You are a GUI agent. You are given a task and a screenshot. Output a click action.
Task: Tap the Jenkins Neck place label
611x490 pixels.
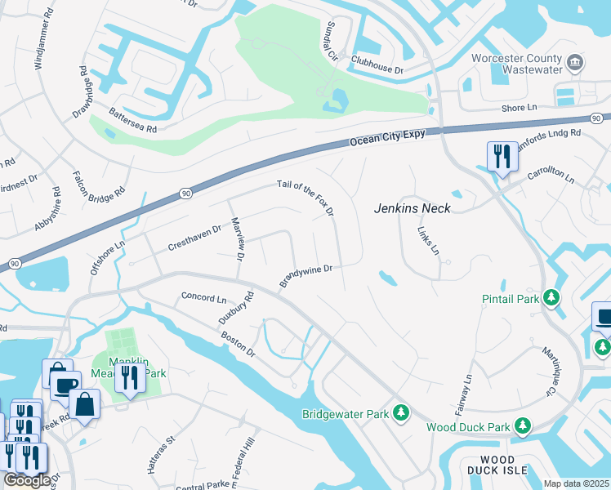point(413,208)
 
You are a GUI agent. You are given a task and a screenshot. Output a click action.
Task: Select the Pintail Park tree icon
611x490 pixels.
point(553,298)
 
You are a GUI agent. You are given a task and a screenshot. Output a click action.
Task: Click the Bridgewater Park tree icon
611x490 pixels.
point(400,413)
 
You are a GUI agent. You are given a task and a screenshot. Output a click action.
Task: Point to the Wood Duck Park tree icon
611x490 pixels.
point(522,426)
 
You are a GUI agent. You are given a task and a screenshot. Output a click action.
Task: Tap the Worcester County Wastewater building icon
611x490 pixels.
point(574,62)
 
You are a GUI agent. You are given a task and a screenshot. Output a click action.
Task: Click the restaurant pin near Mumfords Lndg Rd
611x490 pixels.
point(500,155)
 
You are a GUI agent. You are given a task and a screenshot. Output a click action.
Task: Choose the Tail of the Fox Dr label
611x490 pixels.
point(306,198)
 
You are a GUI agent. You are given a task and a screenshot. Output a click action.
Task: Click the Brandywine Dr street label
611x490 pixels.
point(306,274)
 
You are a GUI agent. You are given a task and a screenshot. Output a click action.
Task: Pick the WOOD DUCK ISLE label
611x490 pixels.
point(492,465)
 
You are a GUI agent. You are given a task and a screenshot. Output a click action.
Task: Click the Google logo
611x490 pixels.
point(26,480)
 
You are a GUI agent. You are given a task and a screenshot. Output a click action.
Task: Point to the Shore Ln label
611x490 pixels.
point(520,108)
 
